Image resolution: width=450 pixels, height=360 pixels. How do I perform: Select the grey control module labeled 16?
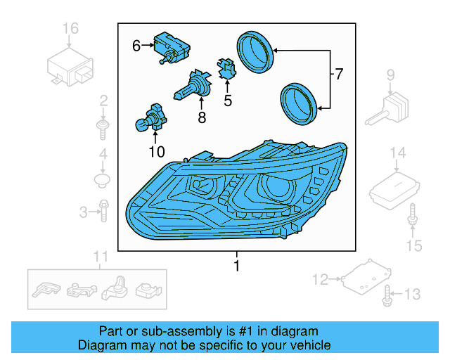(71, 66)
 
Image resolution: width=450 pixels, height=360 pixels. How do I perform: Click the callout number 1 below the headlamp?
(236, 266)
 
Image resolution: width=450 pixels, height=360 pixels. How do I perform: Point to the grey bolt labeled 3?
(103, 210)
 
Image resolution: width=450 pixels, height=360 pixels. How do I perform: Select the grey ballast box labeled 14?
(396, 187)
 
